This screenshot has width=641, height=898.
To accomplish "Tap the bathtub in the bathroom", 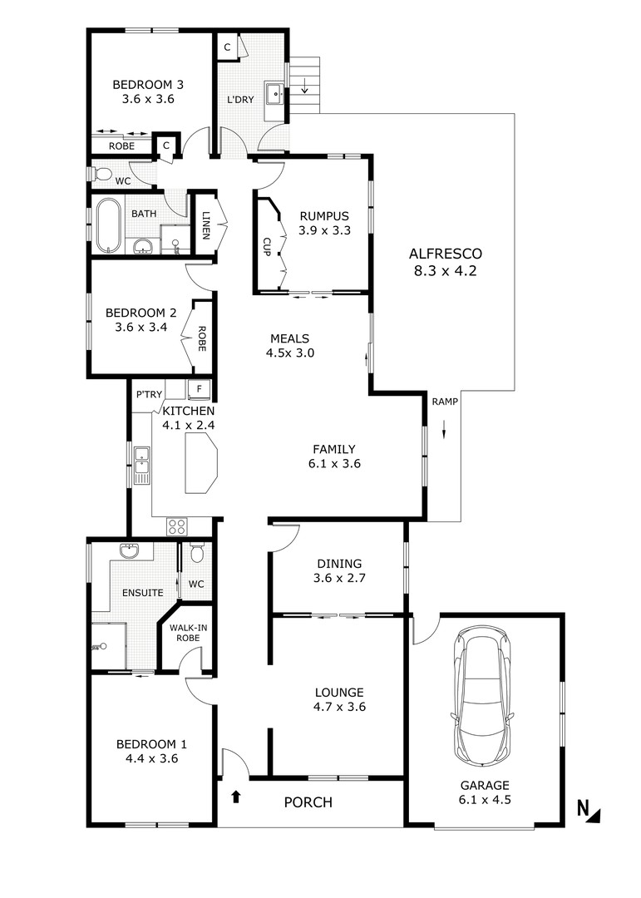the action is [x=107, y=225].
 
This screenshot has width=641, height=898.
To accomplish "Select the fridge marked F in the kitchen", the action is [x=200, y=388].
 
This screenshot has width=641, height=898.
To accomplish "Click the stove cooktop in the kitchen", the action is [x=177, y=525].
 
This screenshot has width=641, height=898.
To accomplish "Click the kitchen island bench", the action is [x=200, y=463].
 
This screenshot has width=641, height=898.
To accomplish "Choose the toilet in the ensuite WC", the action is [x=196, y=553].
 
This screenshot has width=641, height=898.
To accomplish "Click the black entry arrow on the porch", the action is [x=235, y=797].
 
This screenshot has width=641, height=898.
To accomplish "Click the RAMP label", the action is [x=445, y=402].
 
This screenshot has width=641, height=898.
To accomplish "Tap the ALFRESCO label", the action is [x=445, y=254].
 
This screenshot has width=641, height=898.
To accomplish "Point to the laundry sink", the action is [x=275, y=93].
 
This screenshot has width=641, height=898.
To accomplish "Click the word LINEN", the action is [x=205, y=225].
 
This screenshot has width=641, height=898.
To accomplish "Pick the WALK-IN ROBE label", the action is [x=188, y=632].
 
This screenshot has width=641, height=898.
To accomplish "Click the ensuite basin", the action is [x=130, y=551].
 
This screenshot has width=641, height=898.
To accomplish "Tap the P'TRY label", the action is [x=149, y=395].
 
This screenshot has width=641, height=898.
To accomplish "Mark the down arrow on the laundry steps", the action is [x=305, y=86].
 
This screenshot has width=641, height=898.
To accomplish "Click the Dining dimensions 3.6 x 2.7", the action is [x=339, y=578].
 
